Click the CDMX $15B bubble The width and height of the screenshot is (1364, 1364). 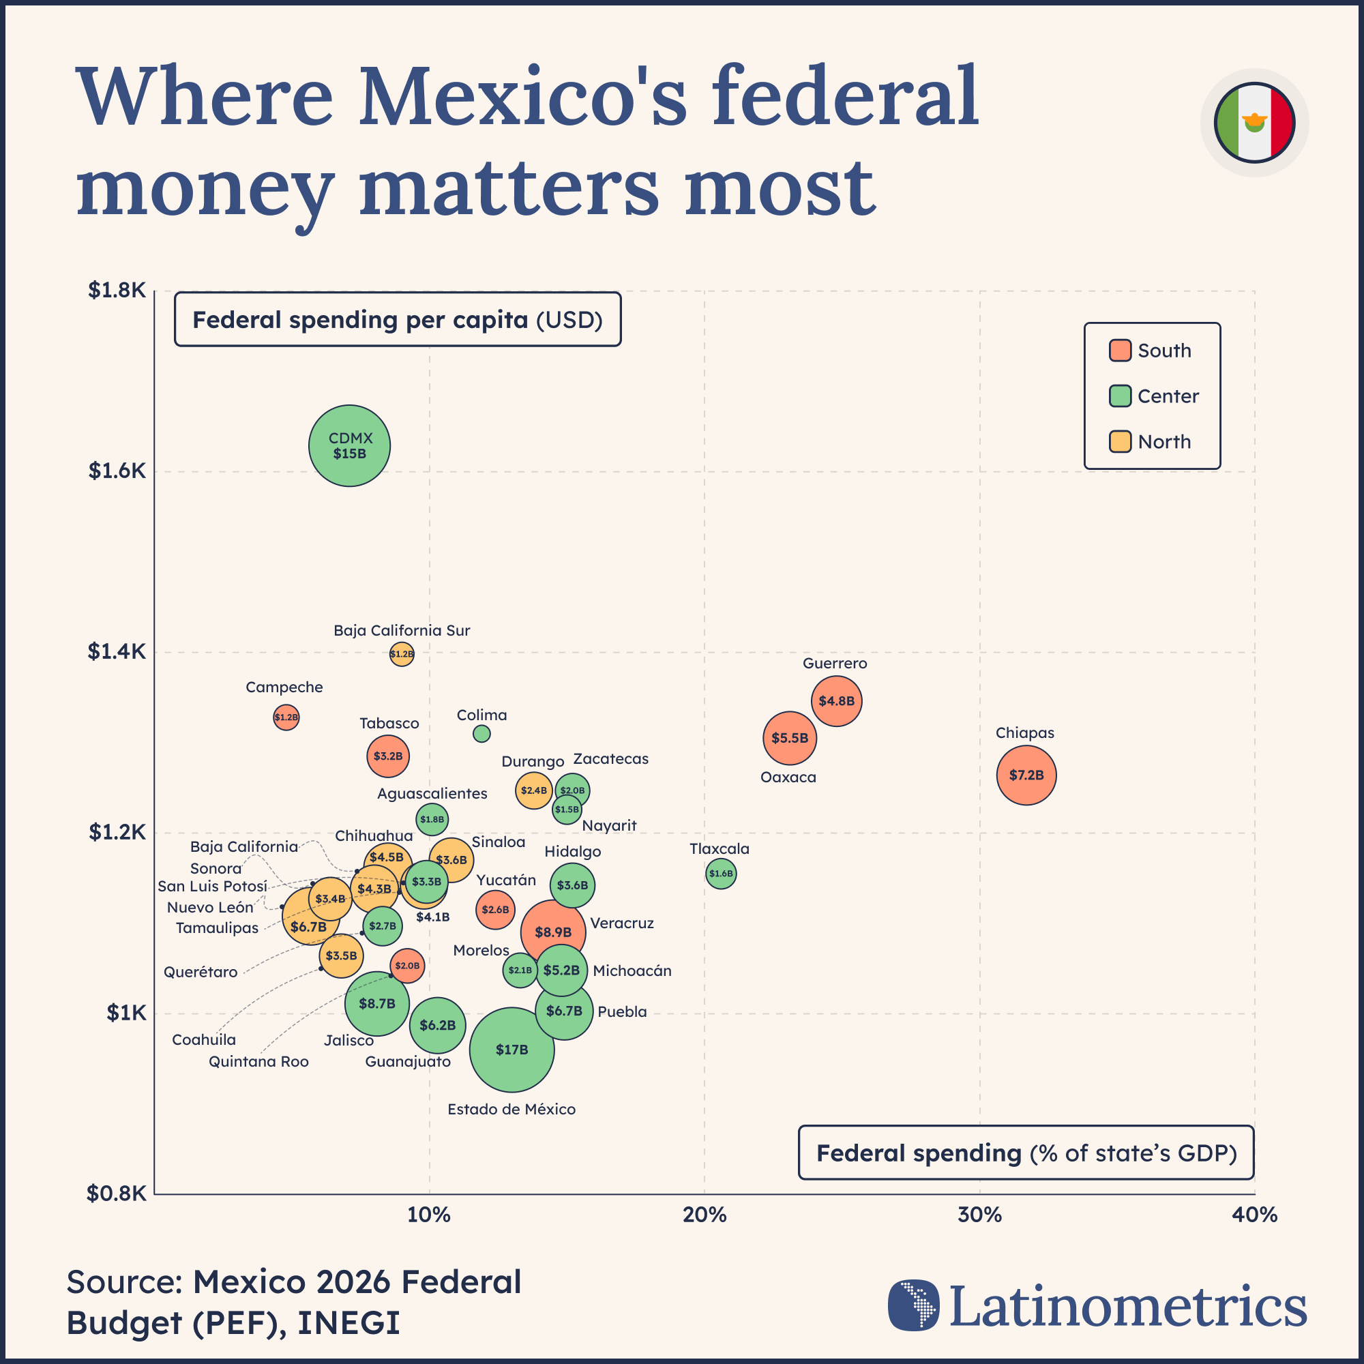pos(349,445)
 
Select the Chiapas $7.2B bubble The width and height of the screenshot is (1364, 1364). pos(1026,775)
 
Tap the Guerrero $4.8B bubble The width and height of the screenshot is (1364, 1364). pos(837,701)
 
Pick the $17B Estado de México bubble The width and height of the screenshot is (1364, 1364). pos(512,1050)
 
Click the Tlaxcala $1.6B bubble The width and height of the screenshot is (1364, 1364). pos(721,874)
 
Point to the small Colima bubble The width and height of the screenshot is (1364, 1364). pos(481,734)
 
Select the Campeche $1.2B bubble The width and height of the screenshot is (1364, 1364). pos(286,717)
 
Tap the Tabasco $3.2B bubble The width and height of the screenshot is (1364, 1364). pos(387,756)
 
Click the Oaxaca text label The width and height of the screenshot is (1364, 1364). pos(788,777)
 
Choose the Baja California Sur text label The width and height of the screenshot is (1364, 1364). pos(402,630)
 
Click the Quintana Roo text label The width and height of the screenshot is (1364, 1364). pos(258,1062)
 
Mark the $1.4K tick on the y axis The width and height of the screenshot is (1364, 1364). pos(117,651)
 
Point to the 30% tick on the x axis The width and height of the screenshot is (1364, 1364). pos(979,1215)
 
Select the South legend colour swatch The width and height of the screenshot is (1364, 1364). pos(1120,350)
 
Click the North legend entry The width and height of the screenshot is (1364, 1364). pos(1163,442)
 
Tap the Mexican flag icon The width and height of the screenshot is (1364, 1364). pos(1255,123)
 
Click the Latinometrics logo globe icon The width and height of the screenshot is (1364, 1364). pos(914,1305)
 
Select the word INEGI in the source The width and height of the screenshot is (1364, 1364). pos(349,1323)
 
